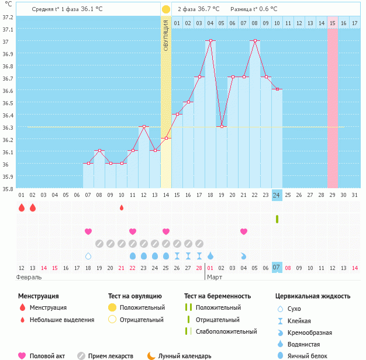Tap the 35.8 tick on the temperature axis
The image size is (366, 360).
(x=8, y=189)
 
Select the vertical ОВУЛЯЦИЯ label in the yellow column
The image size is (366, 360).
(x=166, y=35)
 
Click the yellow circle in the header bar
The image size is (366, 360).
(x=166, y=9)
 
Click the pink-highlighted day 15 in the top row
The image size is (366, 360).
(x=332, y=23)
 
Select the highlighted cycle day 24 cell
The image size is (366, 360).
(x=277, y=195)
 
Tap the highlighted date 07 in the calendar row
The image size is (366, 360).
(x=277, y=267)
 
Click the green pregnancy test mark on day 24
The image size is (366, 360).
(x=277, y=219)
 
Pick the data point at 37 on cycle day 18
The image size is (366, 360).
(x=210, y=40)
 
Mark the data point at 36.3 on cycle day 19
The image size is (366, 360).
(x=222, y=126)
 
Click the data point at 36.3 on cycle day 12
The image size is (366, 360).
(x=144, y=126)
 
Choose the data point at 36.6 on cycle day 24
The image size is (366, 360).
(x=277, y=89)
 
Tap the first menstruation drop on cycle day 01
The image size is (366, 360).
(x=22, y=207)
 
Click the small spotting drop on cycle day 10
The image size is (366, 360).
(x=122, y=207)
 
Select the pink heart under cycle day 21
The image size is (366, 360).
(x=244, y=231)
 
